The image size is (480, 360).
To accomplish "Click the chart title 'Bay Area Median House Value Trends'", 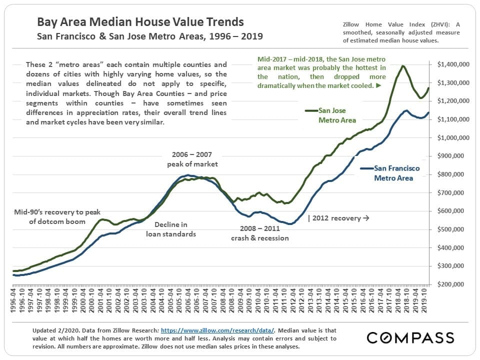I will click(140, 22).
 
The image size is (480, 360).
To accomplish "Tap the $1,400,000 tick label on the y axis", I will click(452, 64).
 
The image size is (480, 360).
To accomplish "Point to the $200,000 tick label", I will click(454, 284).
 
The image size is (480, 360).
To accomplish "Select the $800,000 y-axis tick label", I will click(454, 174).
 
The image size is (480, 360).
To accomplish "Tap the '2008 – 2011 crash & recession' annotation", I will click(259, 233).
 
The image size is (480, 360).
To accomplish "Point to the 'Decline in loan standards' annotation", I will click(170, 229).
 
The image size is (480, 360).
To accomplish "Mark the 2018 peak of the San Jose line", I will click(402, 66).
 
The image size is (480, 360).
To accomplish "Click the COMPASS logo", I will click(410, 337).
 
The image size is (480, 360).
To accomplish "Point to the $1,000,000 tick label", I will click(452, 137).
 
